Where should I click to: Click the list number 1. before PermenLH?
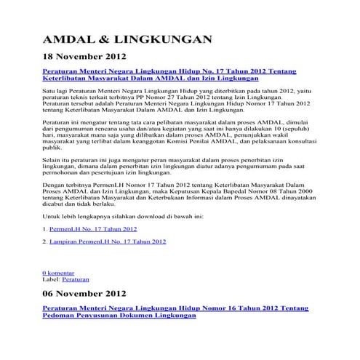[x=45, y=228]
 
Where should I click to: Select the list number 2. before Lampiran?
[x=45, y=241]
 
